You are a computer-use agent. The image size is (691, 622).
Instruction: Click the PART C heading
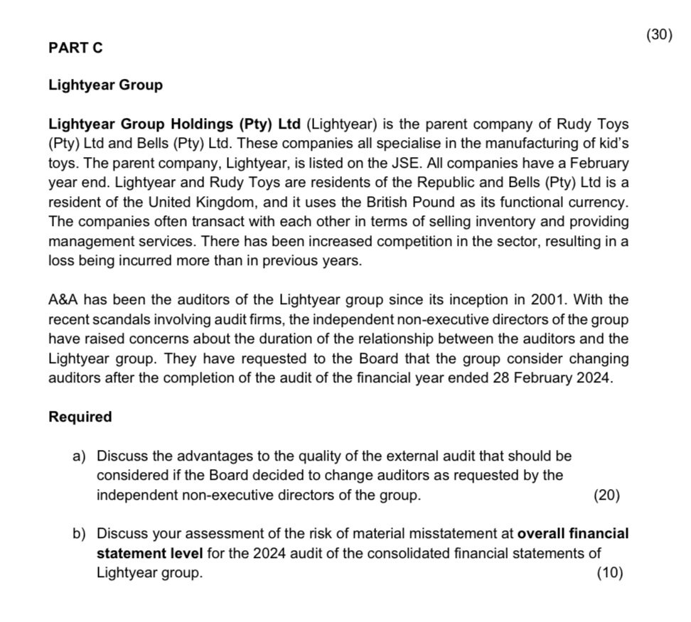(75, 48)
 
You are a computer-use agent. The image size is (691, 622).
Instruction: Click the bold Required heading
(80, 417)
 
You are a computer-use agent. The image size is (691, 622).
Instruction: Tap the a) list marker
(79, 456)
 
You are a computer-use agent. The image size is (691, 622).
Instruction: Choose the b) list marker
(79, 533)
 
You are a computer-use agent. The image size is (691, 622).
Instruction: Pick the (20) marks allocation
(606, 495)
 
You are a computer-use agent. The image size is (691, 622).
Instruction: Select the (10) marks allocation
(611, 573)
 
